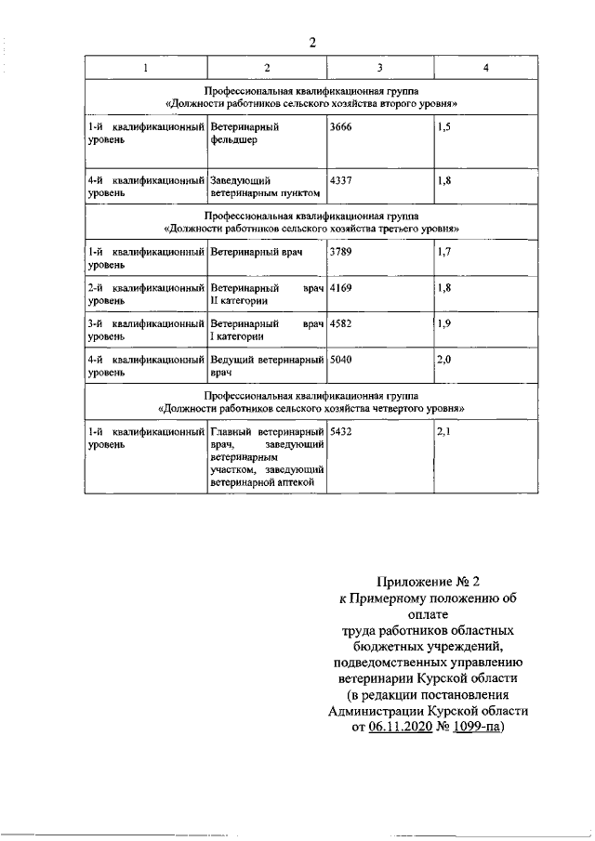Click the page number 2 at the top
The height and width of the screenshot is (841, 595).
tap(313, 42)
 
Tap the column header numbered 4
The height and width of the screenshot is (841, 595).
tap(487, 68)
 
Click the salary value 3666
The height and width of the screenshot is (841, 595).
tap(342, 124)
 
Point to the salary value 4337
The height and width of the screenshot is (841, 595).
tap(342, 179)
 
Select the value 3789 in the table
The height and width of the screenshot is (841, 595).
tap(342, 251)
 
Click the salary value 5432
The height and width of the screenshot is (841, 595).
tap(342, 431)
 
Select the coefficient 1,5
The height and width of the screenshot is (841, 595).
tap(443, 124)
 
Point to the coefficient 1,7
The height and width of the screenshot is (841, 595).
tap(443, 251)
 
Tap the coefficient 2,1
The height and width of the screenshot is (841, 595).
tap(443, 431)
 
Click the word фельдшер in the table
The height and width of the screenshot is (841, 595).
tap(232, 141)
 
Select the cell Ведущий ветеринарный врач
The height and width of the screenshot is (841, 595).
tap(267, 364)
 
